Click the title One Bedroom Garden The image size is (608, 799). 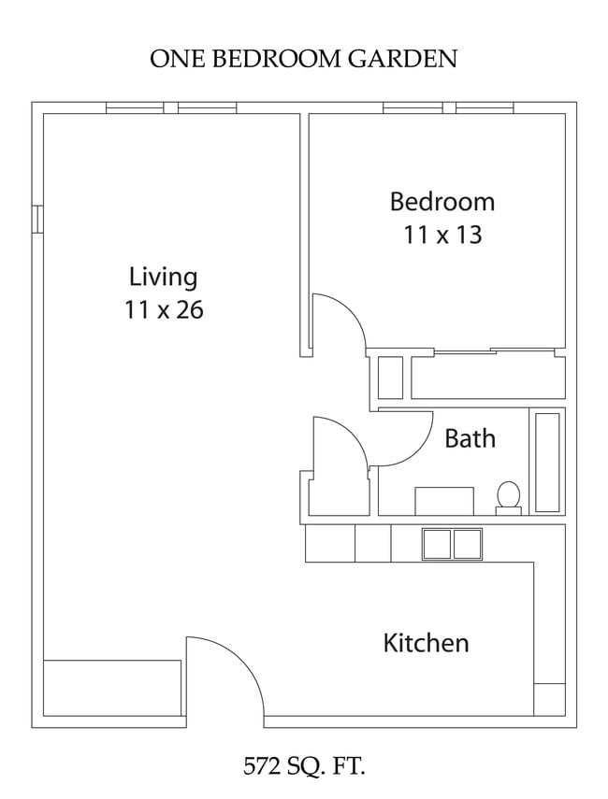(303, 59)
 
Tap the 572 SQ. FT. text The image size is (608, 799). (303, 767)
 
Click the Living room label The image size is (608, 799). (163, 278)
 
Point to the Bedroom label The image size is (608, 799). (442, 202)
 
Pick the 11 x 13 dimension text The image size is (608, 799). (442, 235)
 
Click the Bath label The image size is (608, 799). (470, 438)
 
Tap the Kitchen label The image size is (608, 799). (426, 643)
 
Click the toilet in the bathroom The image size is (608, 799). (508, 496)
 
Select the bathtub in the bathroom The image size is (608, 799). (546, 462)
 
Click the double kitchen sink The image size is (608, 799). (452, 543)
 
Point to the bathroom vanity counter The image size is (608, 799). (443, 501)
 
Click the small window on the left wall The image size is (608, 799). (37, 217)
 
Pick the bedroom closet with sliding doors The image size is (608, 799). (486, 377)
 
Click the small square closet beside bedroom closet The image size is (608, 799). (389, 378)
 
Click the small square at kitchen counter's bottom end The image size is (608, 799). (549, 699)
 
